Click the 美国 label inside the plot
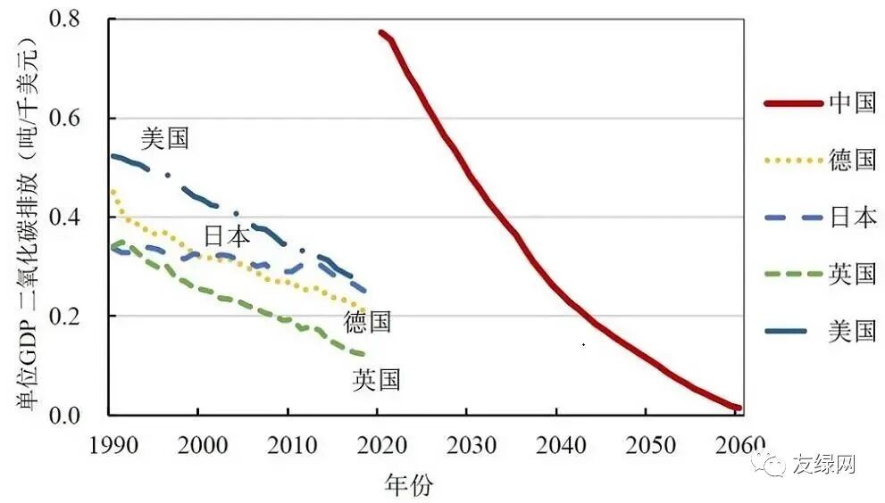coord(165,138)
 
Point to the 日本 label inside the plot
coord(227,236)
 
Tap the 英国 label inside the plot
coord(376,381)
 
